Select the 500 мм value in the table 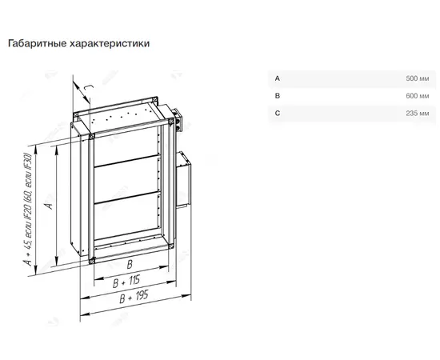pyautogui.click(x=418, y=78)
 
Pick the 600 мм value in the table pyautogui.click(x=418, y=96)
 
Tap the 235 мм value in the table pyautogui.click(x=418, y=114)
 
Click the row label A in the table pyautogui.click(x=278, y=78)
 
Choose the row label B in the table pyautogui.click(x=278, y=96)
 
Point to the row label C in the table pyautogui.click(x=278, y=114)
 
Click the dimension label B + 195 pyautogui.click(x=134, y=297)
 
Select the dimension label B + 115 pyautogui.click(x=126, y=282)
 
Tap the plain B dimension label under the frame pyautogui.click(x=130, y=264)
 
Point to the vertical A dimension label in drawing pyautogui.click(x=49, y=205)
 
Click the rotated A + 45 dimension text pyautogui.click(x=28, y=210)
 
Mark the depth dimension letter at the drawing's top pyautogui.click(x=89, y=87)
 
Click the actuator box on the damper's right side pyautogui.click(x=184, y=179)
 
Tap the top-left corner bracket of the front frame pyautogui.click(x=91, y=137)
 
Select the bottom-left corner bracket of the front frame pyautogui.click(x=91, y=261)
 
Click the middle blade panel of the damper pyautogui.click(x=126, y=179)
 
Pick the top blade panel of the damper pyautogui.click(x=126, y=146)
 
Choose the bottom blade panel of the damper pyautogui.click(x=127, y=217)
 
